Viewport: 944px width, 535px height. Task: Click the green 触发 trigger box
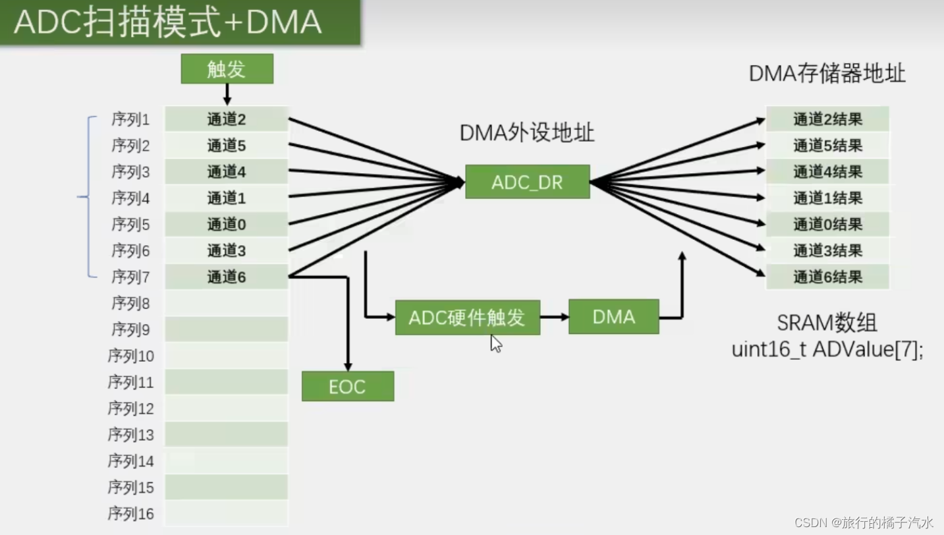pyautogui.click(x=227, y=69)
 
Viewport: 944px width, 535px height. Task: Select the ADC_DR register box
pyautogui.click(x=527, y=182)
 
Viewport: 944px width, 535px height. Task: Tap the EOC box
pyautogui.click(x=347, y=387)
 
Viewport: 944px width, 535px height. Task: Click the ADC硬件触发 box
pyautogui.click(x=467, y=318)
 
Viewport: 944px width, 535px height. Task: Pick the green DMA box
pyautogui.click(x=613, y=317)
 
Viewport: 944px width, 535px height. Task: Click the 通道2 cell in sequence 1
pyautogui.click(x=227, y=119)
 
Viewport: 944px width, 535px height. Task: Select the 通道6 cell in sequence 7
pyautogui.click(x=227, y=277)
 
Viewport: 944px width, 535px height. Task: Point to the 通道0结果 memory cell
pyautogui.click(x=827, y=225)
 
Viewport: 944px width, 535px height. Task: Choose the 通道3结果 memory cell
pyautogui.click(x=827, y=251)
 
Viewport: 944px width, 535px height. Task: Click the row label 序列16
pyautogui.click(x=130, y=514)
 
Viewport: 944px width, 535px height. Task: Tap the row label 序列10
pyautogui.click(x=130, y=356)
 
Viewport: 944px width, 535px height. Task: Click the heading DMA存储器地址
pyautogui.click(x=827, y=74)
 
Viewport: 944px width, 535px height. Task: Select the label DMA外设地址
pyautogui.click(x=527, y=133)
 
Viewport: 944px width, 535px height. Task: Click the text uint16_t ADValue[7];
pyautogui.click(x=827, y=349)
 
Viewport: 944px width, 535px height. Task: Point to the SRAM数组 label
pyautogui.click(x=827, y=323)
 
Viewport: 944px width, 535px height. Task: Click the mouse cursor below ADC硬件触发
pyautogui.click(x=496, y=343)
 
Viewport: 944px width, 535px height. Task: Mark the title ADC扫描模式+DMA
pyautogui.click(x=168, y=22)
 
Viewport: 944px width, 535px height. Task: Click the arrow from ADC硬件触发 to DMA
pyautogui.click(x=554, y=317)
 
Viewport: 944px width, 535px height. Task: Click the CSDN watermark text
pyautogui.click(x=864, y=522)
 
